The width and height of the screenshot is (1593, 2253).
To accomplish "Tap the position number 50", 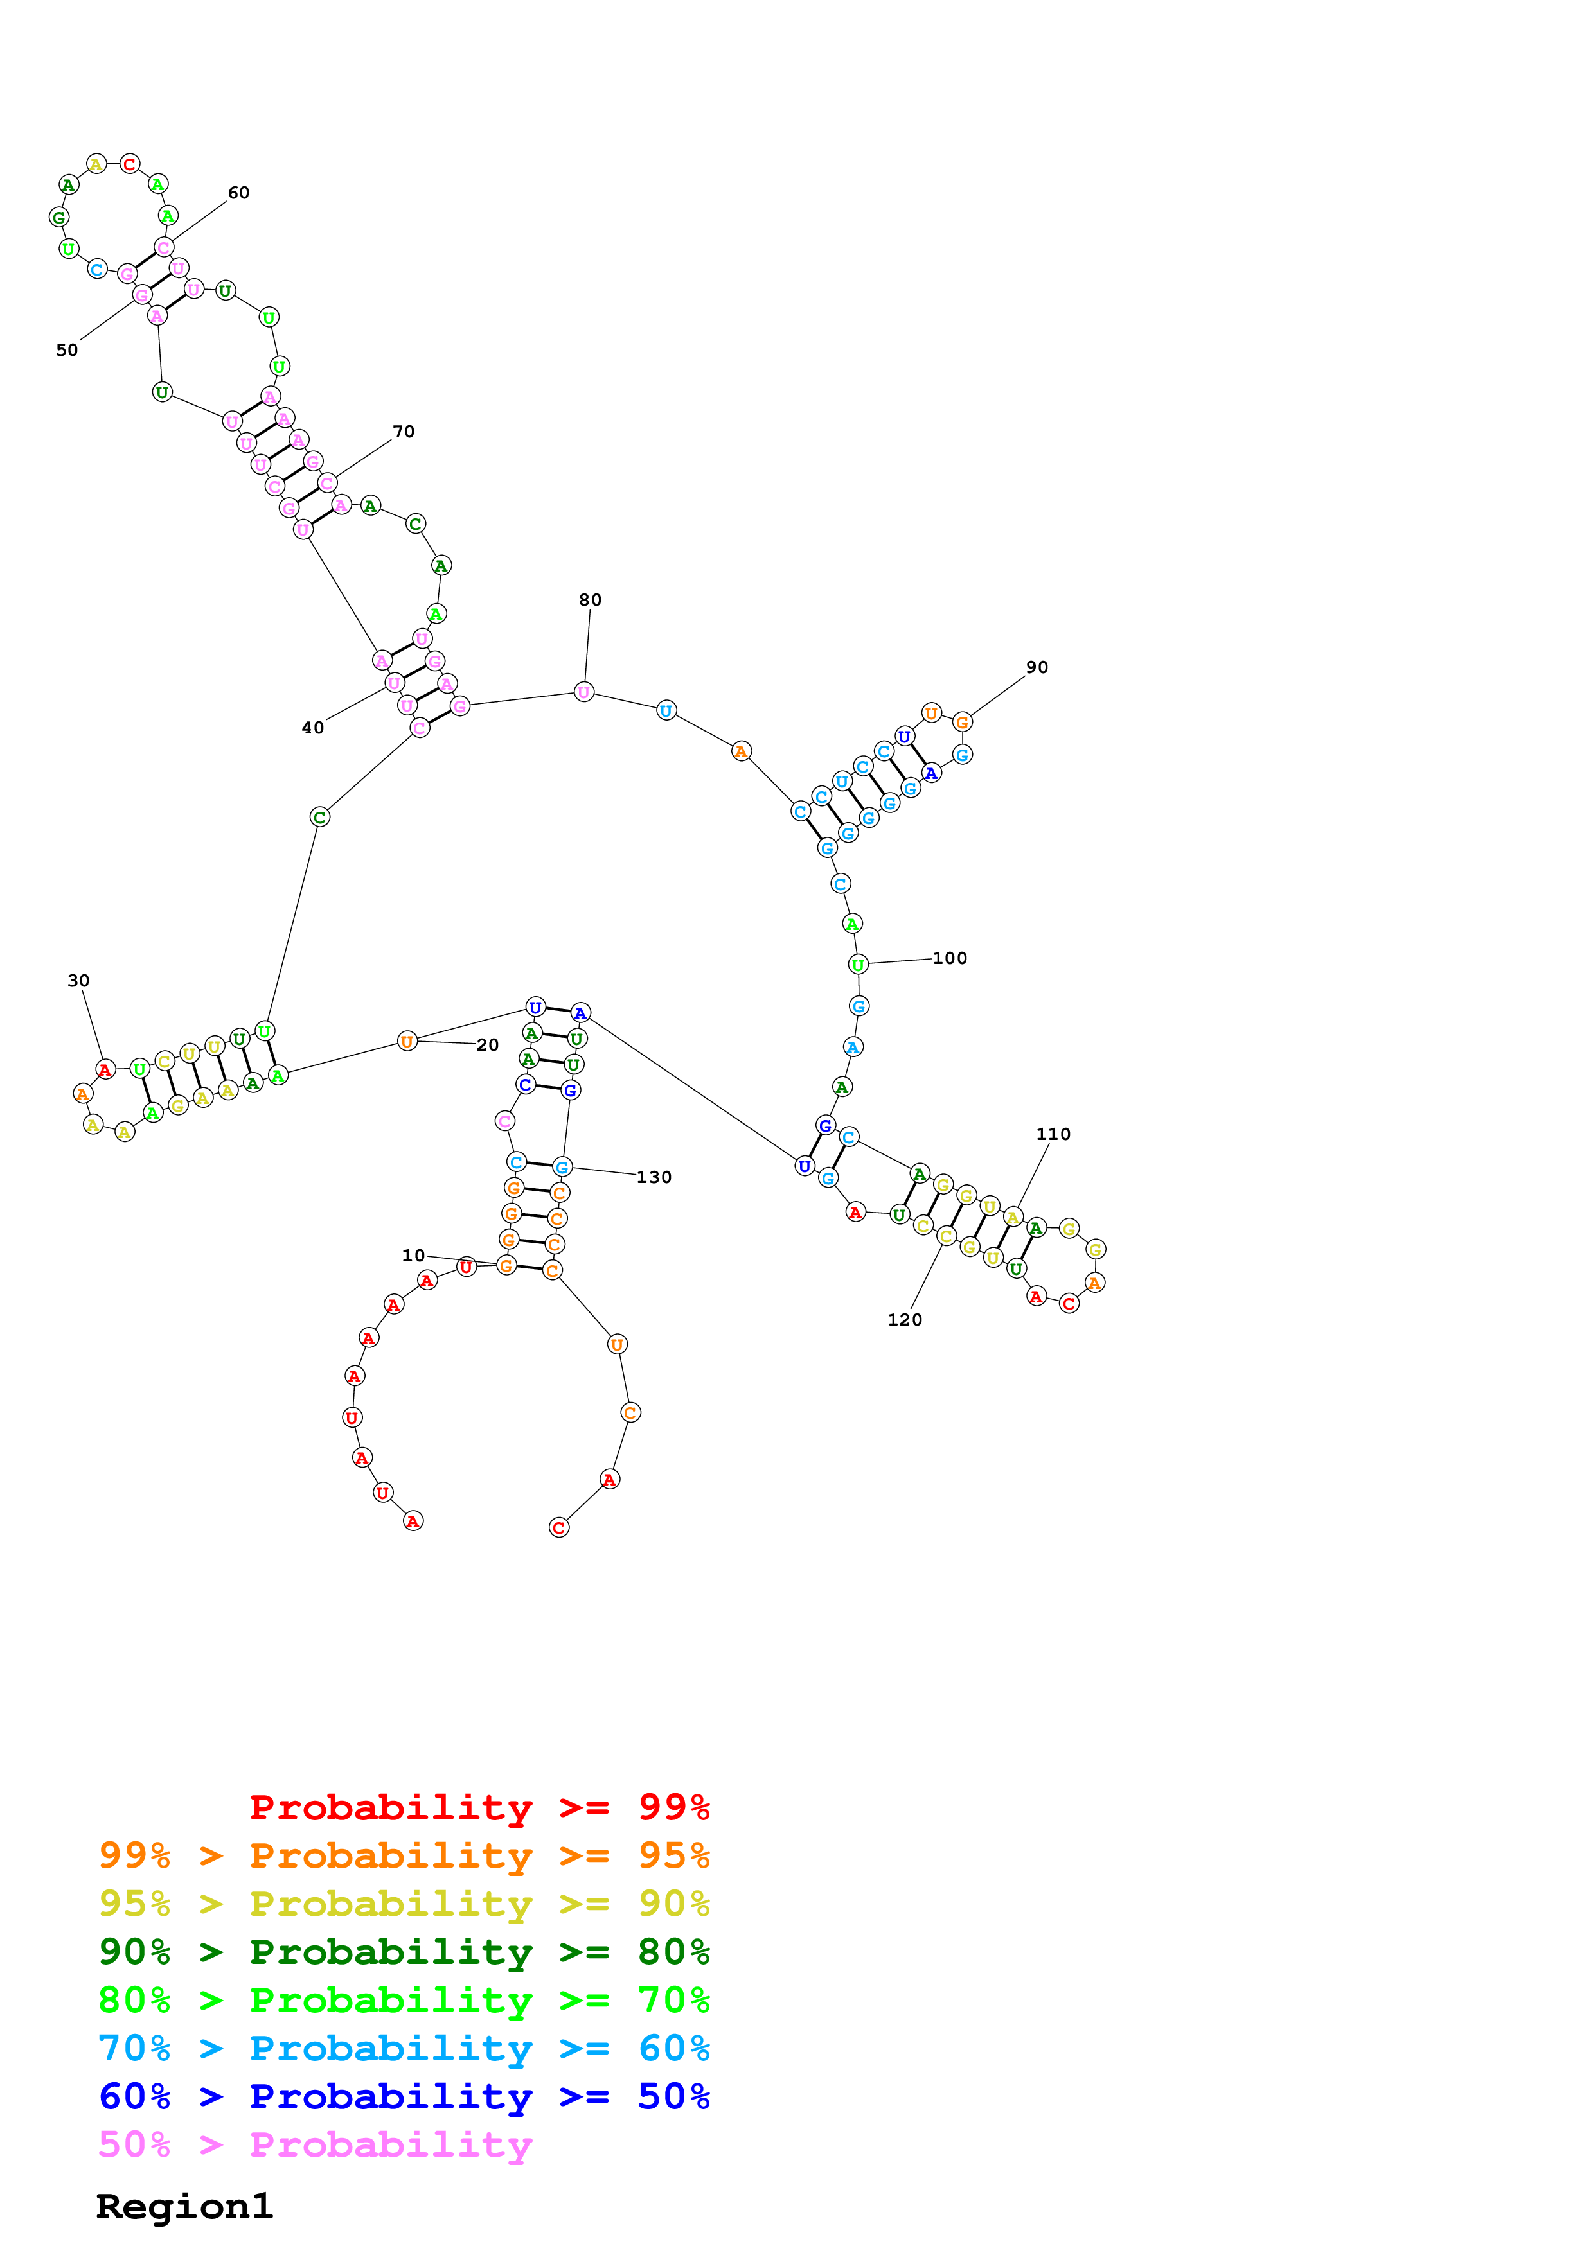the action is point(67,350).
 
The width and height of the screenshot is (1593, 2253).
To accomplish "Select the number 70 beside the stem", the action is point(404,432).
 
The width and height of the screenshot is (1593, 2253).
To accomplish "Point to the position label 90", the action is point(1037,667).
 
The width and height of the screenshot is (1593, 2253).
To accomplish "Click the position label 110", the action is point(1053,1134).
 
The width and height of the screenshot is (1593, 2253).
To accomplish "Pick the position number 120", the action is point(904,1320).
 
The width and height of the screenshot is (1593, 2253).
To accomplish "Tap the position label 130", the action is point(654,1177).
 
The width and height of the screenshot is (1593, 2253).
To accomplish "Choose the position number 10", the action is point(413,1256).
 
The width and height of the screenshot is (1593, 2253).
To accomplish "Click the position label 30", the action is point(78,981).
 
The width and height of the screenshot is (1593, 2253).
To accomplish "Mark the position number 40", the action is point(312,728).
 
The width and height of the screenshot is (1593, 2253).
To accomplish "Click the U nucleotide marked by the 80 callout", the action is point(584,693).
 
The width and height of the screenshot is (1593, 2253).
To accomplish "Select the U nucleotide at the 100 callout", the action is point(858,965).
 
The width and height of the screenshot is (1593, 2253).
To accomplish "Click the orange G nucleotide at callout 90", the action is point(963,723).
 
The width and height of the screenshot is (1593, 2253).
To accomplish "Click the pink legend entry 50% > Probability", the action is point(314,2145).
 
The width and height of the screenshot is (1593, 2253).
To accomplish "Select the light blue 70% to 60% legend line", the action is point(404,2049).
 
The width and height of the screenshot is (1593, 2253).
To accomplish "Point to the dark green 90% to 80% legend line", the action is point(404,1952).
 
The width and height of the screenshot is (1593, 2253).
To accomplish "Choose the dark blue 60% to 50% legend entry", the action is point(404,2097).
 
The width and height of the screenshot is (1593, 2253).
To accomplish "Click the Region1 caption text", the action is point(184,2207).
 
